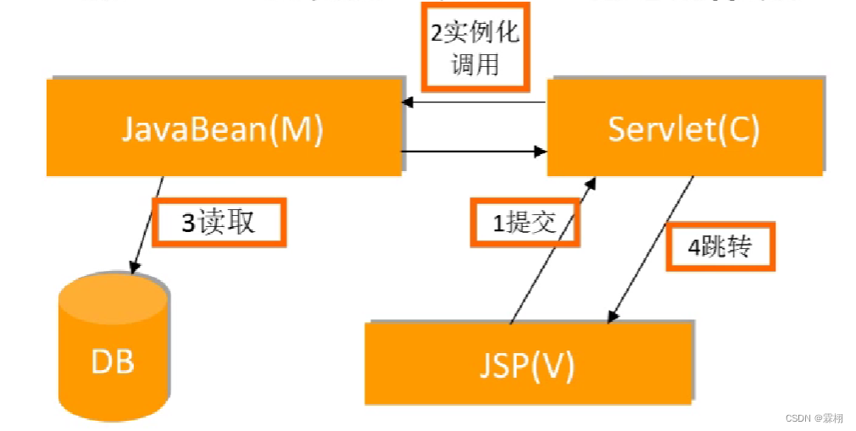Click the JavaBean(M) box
pyautogui.click(x=224, y=128)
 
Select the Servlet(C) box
pyautogui.click(x=684, y=128)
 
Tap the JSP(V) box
pyautogui.click(x=529, y=363)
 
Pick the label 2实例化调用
pyautogui.click(x=475, y=48)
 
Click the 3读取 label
pyautogui.click(x=219, y=222)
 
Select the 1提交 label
pyautogui.click(x=525, y=222)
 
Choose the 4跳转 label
pyautogui.click(x=720, y=247)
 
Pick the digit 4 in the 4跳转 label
pyautogui.click(x=693, y=248)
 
